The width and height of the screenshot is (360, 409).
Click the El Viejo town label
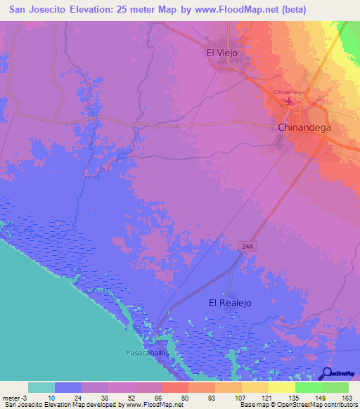pos(222,53)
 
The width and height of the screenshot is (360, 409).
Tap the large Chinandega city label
pos(304,129)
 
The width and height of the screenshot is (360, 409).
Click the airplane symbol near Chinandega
pos(290,103)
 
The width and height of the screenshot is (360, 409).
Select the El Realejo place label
pos(230,303)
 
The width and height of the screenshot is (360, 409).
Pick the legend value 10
pos(52,397)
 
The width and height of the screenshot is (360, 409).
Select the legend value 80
pos(184,397)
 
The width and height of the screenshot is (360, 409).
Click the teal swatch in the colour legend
pos(41,387)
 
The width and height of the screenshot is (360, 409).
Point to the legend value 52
pos(130,397)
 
